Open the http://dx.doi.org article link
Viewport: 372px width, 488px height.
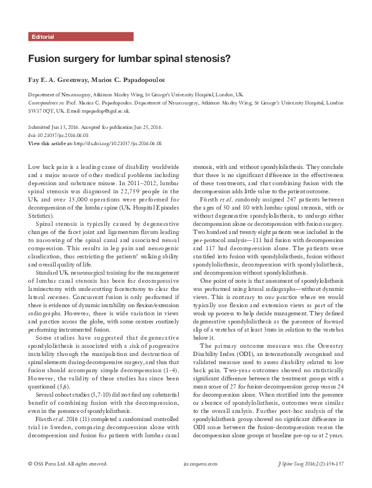(x=117, y=143)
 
